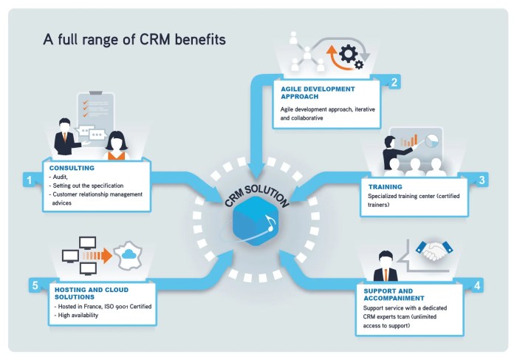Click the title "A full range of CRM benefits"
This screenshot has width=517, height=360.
click(134, 38)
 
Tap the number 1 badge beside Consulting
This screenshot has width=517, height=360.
click(30, 180)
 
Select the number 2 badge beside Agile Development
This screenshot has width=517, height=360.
click(395, 83)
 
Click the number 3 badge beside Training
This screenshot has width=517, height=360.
click(482, 180)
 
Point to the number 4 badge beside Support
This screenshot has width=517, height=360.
click(478, 285)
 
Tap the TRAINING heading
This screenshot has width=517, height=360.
click(384, 187)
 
